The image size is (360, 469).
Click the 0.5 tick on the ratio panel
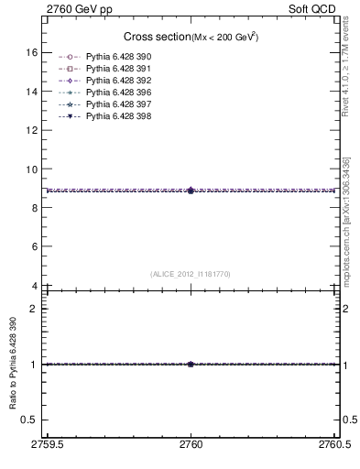point(30,419)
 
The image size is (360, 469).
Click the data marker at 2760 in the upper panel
point(191,191)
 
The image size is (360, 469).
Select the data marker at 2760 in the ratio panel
point(191,364)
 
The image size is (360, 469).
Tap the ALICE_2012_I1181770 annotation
point(191,274)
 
